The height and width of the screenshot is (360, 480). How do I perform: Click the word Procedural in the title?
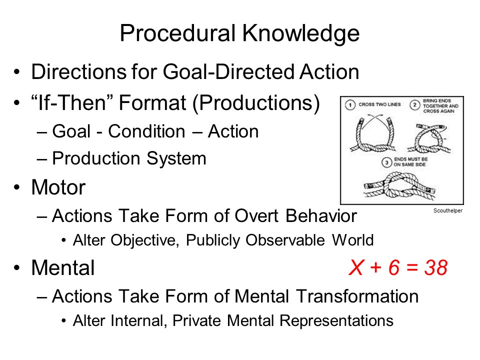pos(177,33)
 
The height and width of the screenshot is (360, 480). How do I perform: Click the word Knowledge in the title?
pos(301,33)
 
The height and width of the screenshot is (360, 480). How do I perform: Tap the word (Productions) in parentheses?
pos(256,103)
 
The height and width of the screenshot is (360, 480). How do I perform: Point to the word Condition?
pos(146,131)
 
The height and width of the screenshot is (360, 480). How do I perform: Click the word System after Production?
pos(176,158)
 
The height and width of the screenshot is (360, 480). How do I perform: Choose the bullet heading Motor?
pos(58,187)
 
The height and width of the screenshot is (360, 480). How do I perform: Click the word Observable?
pos(285,239)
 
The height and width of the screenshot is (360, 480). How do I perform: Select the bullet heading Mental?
pos(63,267)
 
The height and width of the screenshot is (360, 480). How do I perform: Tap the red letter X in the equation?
pos(356,267)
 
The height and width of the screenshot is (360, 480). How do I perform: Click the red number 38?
pos(436,267)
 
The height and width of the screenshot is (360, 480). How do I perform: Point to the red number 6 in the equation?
pos(394,267)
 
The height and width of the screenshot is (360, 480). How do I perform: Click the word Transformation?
pos(357,296)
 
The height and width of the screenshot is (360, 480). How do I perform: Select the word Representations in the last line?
pos(336,321)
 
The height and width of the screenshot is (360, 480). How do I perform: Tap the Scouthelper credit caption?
pos(448,210)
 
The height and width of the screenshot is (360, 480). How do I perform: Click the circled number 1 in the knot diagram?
pos(350,105)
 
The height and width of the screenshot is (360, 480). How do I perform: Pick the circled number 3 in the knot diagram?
pos(386,162)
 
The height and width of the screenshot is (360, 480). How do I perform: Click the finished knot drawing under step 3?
pos(399,185)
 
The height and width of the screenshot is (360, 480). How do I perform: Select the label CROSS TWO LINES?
pos(379,104)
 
